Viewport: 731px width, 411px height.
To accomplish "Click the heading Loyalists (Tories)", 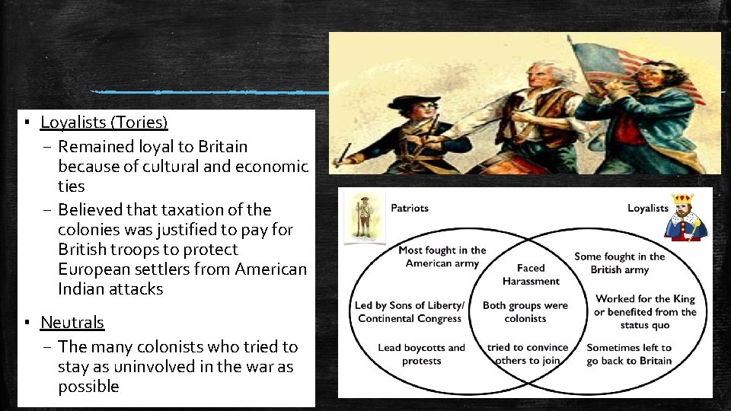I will [x=104, y=122].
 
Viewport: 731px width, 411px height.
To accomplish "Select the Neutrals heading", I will [x=72, y=323].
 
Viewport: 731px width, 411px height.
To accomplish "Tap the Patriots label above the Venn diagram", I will [x=409, y=208].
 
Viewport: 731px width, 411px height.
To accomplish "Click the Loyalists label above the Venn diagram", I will [x=647, y=208].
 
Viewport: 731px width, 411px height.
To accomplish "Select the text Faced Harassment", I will [x=531, y=274].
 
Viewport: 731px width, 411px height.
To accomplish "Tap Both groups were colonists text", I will [x=525, y=311].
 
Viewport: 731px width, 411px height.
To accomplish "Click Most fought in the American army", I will [x=442, y=256].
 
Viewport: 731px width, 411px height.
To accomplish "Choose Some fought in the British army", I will [x=619, y=263].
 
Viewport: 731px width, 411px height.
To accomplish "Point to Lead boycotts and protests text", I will [x=421, y=354].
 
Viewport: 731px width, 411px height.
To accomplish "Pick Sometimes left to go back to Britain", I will [x=629, y=354].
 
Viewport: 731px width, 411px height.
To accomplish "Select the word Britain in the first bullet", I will [x=222, y=146].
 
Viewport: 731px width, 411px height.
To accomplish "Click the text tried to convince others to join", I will [x=527, y=354].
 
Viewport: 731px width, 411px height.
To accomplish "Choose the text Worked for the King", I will [x=645, y=299].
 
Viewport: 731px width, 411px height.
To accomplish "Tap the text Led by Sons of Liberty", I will [x=409, y=306].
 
